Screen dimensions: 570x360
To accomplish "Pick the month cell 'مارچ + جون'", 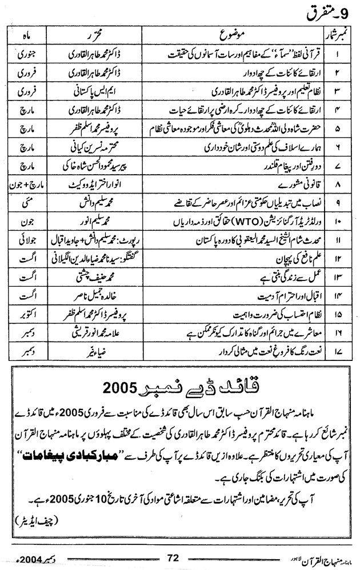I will (x=25, y=184).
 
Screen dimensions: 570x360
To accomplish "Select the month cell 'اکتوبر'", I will (x=25, y=314).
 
